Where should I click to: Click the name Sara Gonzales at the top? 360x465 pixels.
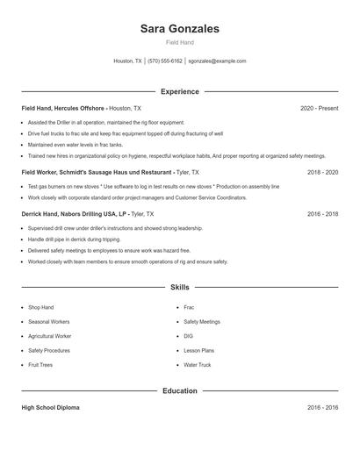point(180,29)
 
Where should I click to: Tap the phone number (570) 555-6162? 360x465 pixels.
point(165,61)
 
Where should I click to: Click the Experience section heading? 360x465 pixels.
point(180,91)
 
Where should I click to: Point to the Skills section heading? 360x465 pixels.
point(180,288)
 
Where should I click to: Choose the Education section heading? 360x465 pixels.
point(180,390)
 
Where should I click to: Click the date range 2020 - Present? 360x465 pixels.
point(319,108)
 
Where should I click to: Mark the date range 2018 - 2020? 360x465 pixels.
point(322,173)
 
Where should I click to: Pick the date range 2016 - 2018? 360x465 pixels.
point(322,213)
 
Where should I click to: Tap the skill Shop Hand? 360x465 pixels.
point(41,308)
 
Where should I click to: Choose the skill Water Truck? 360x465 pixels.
point(197,364)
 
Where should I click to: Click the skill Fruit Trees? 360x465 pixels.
point(40,364)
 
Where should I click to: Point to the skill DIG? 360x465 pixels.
point(188,336)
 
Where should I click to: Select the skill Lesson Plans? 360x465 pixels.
point(198,350)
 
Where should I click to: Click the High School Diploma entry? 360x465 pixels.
point(51,408)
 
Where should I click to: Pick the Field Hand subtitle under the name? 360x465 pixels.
point(180,42)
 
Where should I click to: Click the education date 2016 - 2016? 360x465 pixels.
point(322,408)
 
